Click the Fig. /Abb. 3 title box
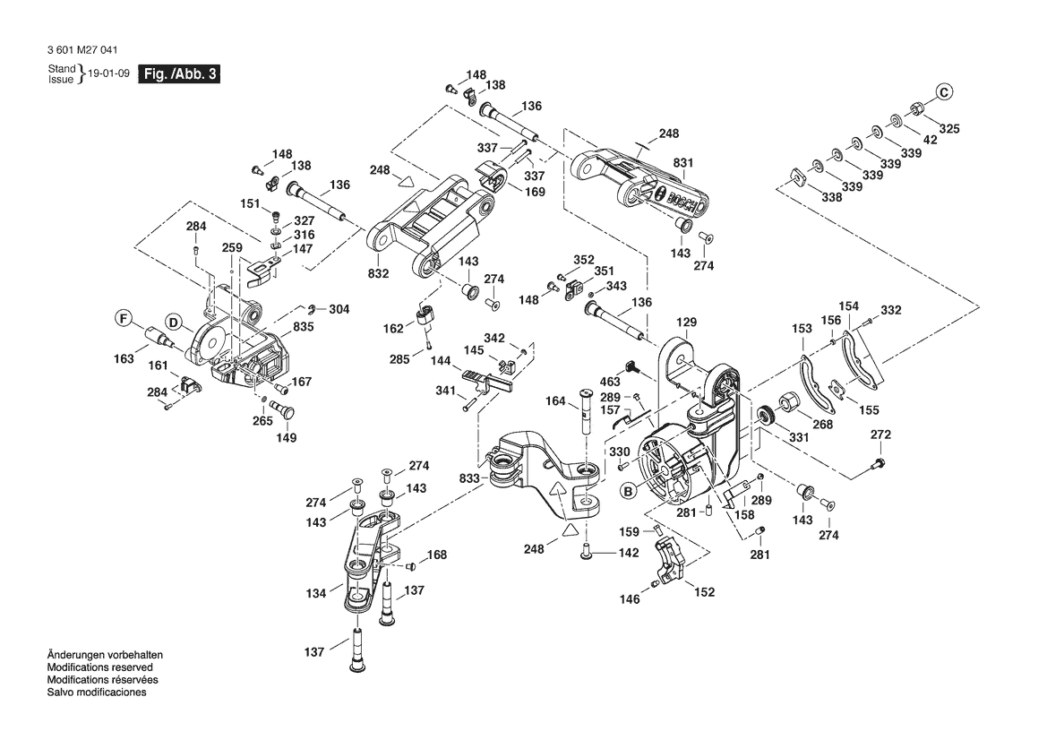[x=178, y=74]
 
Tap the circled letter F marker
[x=123, y=317]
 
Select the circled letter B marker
[x=628, y=490]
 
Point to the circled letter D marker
[x=174, y=323]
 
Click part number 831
[x=684, y=163]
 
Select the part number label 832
[x=378, y=273]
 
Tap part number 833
[x=469, y=479]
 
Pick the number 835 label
[x=304, y=328]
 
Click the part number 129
[x=686, y=322]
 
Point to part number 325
[x=948, y=129]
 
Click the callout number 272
[x=881, y=435]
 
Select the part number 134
[x=316, y=592]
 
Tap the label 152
[x=706, y=591]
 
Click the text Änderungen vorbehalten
[x=105, y=655]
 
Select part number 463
[x=610, y=383]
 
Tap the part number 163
[x=124, y=359]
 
